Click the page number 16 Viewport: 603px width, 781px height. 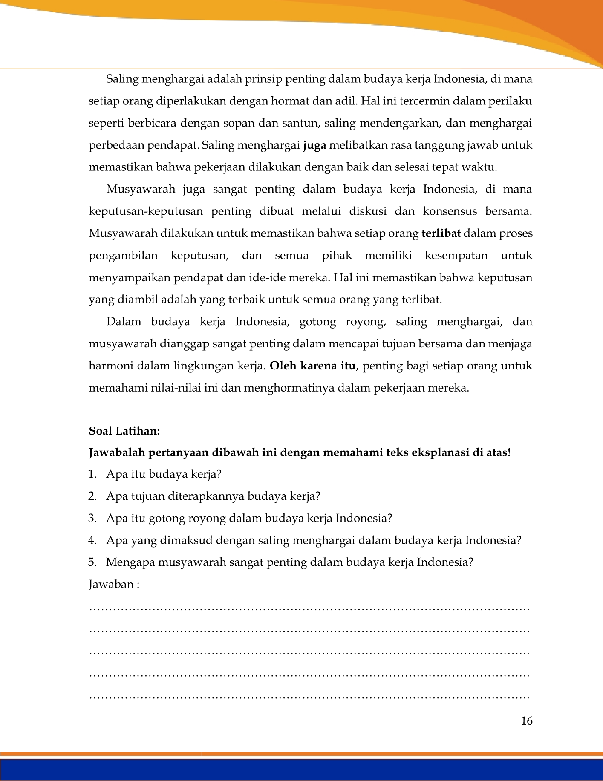pos(526,721)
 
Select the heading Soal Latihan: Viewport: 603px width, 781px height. pos(124,431)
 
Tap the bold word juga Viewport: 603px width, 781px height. pos(314,145)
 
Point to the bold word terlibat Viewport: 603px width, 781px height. pos(441,233)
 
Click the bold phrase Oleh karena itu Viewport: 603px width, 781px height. pos(312,366)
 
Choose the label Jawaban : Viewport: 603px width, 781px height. pos(114,584)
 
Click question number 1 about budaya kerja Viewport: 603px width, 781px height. pos(164,474)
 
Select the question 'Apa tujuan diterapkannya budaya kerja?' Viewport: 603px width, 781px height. pos(213,496)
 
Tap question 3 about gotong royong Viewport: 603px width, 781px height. pos(249,519)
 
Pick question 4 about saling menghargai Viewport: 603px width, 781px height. pos(314,541)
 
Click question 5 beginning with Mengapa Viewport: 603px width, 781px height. pos(289,562)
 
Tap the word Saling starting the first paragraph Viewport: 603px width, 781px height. pos(122,79)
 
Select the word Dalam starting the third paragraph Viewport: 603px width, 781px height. pos(124,322)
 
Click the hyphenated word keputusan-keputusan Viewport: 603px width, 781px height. pos(143,211)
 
